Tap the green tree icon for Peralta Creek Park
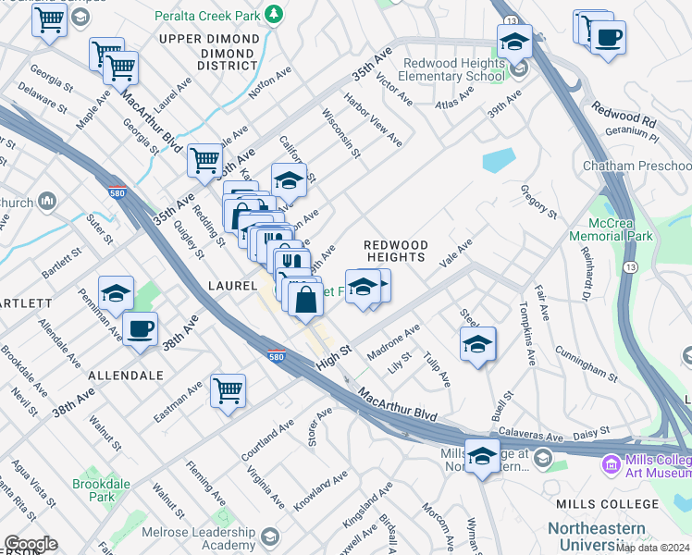click(x=273, y=14)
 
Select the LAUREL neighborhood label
click(x=232, y=287)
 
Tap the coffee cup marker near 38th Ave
click(x=140, y=329)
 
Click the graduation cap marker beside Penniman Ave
click(x=117, y=293)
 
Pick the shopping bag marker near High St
click(x=305, y=300)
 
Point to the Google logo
click(x=30, y=544)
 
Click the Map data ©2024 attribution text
click(x=652, y=548)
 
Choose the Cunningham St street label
click(x=587, y=363)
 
